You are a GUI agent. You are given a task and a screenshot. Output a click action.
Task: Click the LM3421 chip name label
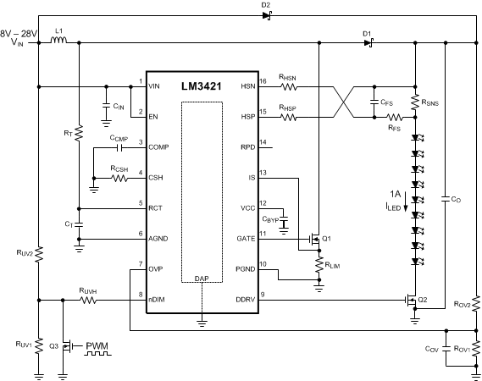[x=201, y=87]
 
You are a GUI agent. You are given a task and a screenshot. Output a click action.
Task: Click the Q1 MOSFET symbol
[x=315, y=240]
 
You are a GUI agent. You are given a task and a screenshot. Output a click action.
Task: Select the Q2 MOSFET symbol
[x=412, y=301]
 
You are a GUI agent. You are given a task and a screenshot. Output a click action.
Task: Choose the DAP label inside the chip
[x=201, y=279]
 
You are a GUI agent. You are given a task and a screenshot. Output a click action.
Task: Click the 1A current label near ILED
[x=396, y=194]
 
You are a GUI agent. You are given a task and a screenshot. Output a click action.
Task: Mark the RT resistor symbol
[x=78, y=133]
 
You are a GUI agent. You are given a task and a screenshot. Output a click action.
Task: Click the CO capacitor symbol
[x=446, y=200]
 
